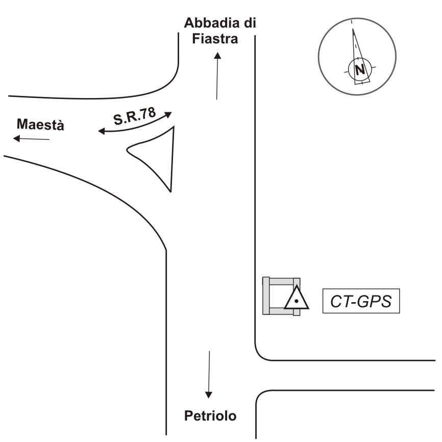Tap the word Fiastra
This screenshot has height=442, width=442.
pos(215,39)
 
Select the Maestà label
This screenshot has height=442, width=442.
pos(41,125)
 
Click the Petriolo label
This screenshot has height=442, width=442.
pos(210,416)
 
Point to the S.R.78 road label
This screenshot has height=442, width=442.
pos(134,116)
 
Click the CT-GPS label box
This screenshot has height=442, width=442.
pos(361,301)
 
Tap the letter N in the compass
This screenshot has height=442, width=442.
pos(360,69)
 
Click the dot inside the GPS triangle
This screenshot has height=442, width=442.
pos(296,302)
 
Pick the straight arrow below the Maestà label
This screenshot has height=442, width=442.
pos(32,139)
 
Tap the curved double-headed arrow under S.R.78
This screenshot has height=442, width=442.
pos(135,126)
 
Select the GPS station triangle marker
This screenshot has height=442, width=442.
pos(296,299)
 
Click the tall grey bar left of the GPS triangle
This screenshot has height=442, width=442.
pos(266,296)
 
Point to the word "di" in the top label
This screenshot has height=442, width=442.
pos(249,23)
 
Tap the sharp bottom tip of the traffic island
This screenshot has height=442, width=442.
pos(170,191)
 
